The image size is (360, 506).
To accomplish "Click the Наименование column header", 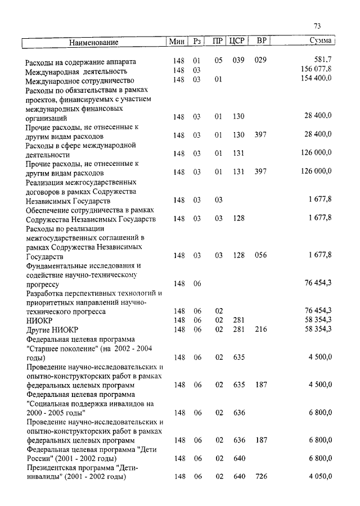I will click(x=94, y=42).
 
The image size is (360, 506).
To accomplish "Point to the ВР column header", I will click(x=260, y=41).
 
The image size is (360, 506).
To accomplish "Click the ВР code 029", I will click(x=260, y=60).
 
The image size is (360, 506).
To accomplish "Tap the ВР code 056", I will click(x=260, y=255).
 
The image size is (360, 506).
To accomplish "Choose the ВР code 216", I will click(x=260, y=329).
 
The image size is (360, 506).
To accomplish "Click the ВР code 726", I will click(x=260, y=477).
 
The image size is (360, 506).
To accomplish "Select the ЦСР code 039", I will click(x=238, y=60).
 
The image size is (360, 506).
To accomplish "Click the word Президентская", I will click(x=53, y=468).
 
